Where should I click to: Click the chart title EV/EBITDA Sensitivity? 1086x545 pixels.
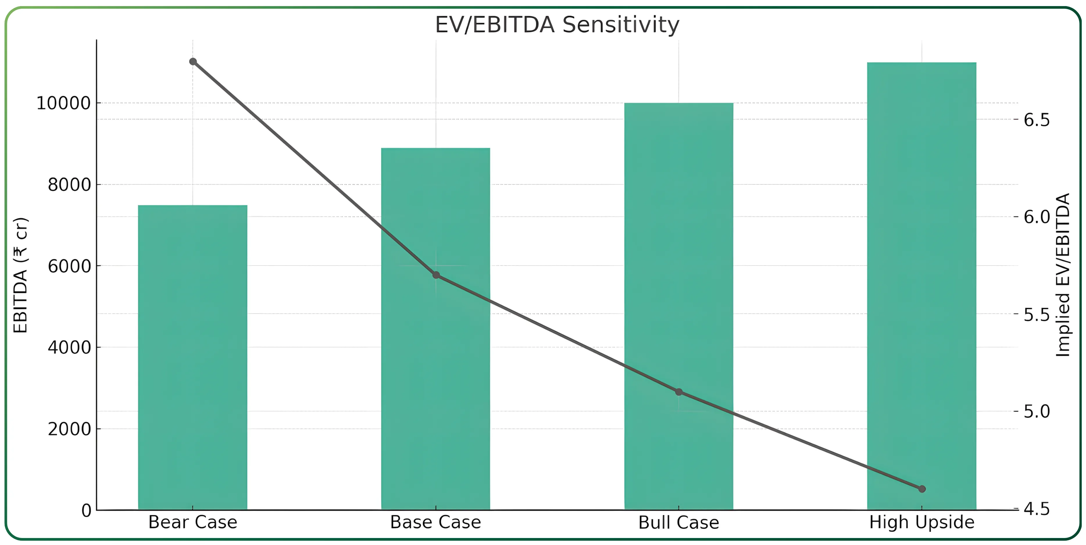pyautogui.click(x=557, y=24)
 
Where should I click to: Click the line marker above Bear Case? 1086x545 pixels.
pyautogui.click(x=193, y=62)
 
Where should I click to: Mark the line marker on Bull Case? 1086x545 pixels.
pyautogui.click(x=679, y=392)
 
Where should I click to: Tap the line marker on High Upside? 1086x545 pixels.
pyautogui.click(x=922, y=489)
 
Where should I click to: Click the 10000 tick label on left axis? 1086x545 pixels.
pyautogui.click(x=64, y=103)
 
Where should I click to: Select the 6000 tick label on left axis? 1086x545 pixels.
pyautogui.click(x=69, y=266)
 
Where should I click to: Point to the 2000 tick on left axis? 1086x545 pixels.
pyautogui.click(x=69, y=429)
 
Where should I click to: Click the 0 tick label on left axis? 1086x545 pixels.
pyautogui.click(x=86, y=510)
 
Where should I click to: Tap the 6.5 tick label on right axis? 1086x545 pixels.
pyautogui.click(x=1037, y=120)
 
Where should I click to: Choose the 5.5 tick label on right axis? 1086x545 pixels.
pyautogui.click(x=1037, y=315)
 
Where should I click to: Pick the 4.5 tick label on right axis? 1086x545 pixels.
pyautogui.click(x=1037, y=509)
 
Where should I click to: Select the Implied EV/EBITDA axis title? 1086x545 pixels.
pyautogui.click(x=1063, y=275)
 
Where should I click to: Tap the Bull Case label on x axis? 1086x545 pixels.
pyautogui.click(x=678, y=523)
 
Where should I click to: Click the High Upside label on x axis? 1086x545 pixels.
pyautogui.click(x=921, y=522)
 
